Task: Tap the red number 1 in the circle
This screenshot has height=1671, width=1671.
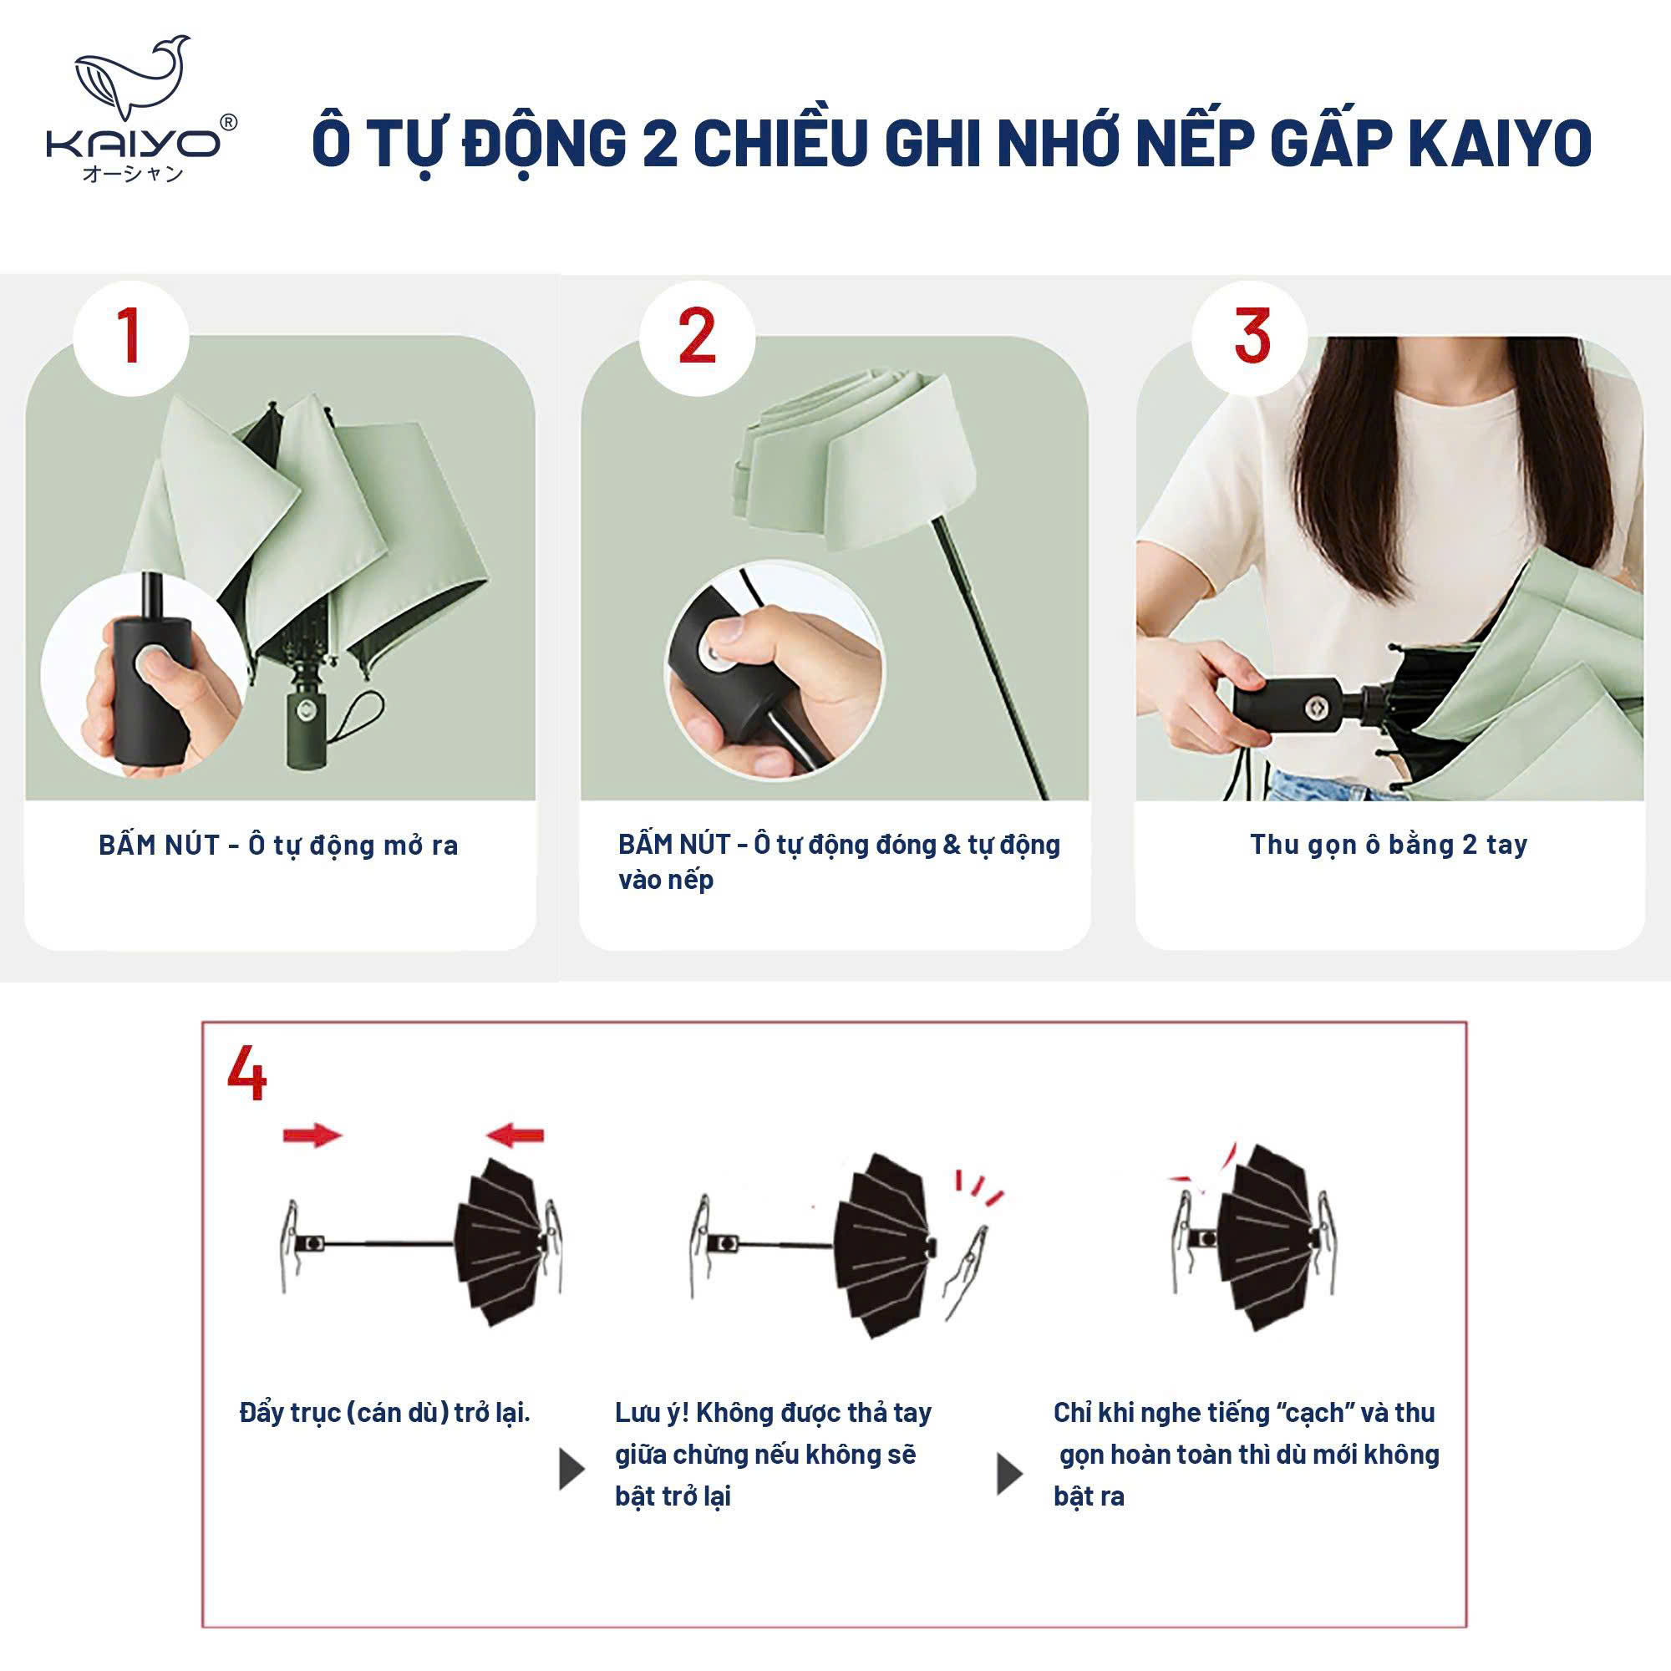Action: click(x=130, y=337)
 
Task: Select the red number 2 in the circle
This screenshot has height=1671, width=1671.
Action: click(x=697, y=337)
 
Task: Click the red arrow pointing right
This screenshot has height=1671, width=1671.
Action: click(x=312, y=1135)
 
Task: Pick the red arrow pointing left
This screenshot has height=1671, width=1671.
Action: click(x=516, y=1135)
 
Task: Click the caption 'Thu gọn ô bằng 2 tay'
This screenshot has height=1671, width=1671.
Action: click(x=1388, y=844)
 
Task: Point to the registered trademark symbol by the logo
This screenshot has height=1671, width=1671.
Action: click(x=228, y=123)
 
